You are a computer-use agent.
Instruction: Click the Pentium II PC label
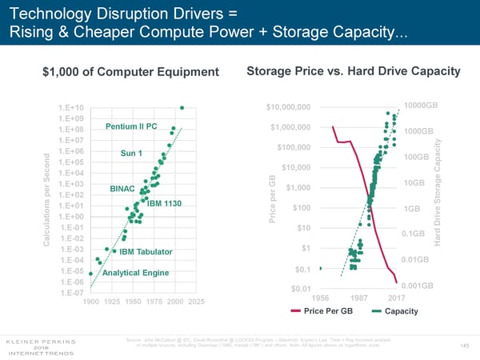[x=131, y=126]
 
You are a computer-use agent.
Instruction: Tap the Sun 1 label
[x=131, y=154]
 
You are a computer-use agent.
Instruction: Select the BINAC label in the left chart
[x=123, y=189]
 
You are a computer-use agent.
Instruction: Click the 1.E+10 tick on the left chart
[x=72, y=108]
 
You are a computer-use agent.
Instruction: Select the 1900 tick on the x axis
[x=91, y=302]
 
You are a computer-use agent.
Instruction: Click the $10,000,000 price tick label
[x=293, y=108]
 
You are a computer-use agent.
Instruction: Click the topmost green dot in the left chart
[x=182, y=108]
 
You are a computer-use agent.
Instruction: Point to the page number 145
[x=465, y=345]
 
